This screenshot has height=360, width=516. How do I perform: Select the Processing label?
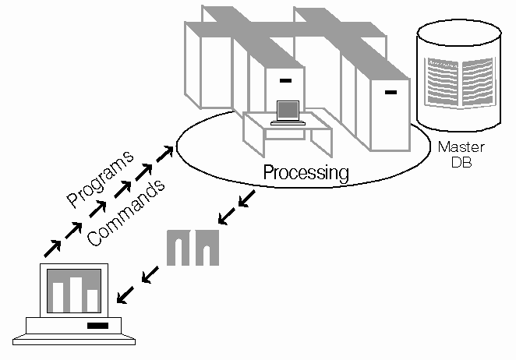coord(306,172)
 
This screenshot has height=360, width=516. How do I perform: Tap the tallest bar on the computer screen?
coord(76,291)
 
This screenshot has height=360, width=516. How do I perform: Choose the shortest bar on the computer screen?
coord(93,299)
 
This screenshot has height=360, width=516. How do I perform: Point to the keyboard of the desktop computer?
coord(75,340)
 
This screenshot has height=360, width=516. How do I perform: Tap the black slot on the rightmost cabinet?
coord(391,94)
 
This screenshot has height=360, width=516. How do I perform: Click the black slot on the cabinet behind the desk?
coord(285,80)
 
